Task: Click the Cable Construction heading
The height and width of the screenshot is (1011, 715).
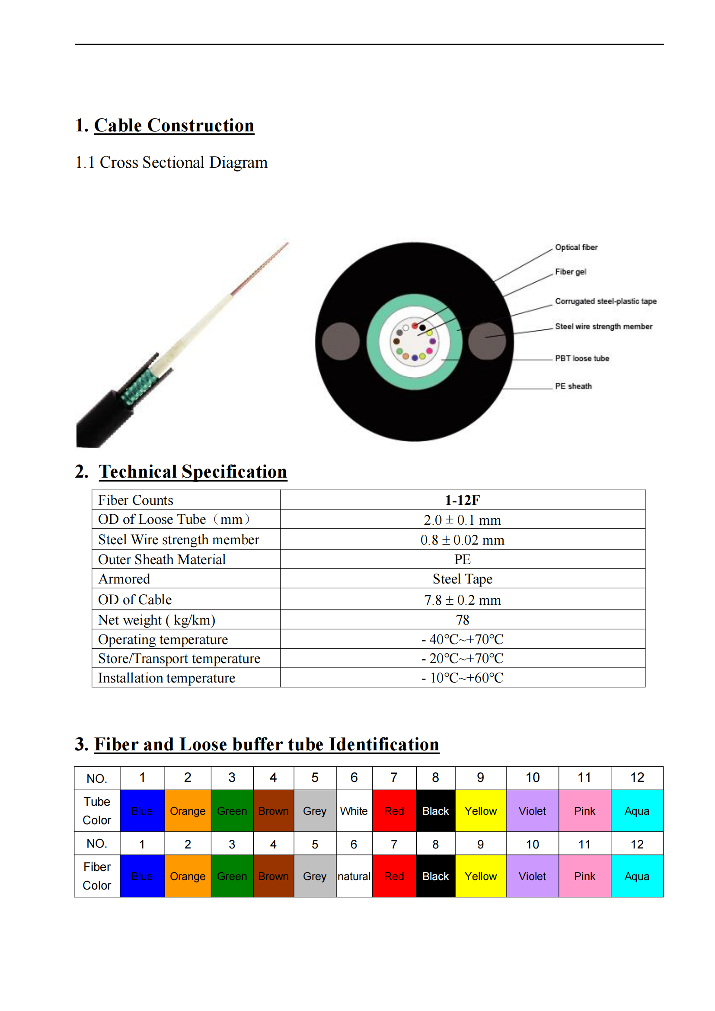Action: coord(174,125)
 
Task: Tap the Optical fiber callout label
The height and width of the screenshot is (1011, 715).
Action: coord(576,248)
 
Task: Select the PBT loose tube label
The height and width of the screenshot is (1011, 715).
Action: coord(581,358)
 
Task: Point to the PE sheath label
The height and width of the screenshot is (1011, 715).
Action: coord(573,386)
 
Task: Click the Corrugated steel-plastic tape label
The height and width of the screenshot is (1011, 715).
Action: coord(605,301)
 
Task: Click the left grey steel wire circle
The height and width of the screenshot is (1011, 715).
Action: coord(340,341)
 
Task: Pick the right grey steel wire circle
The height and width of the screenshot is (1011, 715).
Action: coord(486,341)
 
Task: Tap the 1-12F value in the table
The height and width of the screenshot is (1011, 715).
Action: coord(462,500)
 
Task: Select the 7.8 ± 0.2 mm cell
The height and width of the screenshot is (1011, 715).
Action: coord(462,600)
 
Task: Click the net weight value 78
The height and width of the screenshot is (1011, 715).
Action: coord(462,620)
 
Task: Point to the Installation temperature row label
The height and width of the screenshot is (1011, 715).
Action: coord(166,678)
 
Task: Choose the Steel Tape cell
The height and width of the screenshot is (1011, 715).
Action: coord(462,579)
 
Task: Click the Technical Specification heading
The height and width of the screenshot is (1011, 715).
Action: coord(193,472)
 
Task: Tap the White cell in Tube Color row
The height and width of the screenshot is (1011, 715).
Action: coord(354,811)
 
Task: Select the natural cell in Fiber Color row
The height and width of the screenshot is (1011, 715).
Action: coord(354,876)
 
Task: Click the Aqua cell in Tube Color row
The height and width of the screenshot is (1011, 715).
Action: coord(637,811)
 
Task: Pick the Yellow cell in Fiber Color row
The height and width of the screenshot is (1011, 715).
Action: coord(480,876)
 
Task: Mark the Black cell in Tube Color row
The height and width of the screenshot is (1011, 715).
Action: coord(435,811)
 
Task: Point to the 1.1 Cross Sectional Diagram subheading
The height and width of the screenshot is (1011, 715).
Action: coord(171,163)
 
